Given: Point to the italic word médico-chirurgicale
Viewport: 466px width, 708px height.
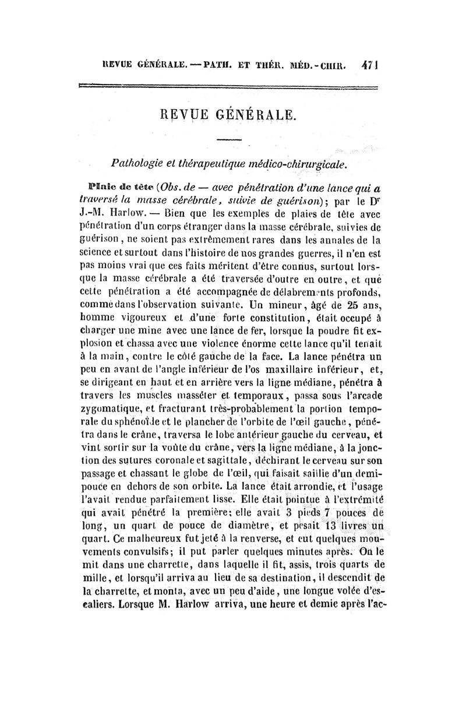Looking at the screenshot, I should click(x=304, y=165).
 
